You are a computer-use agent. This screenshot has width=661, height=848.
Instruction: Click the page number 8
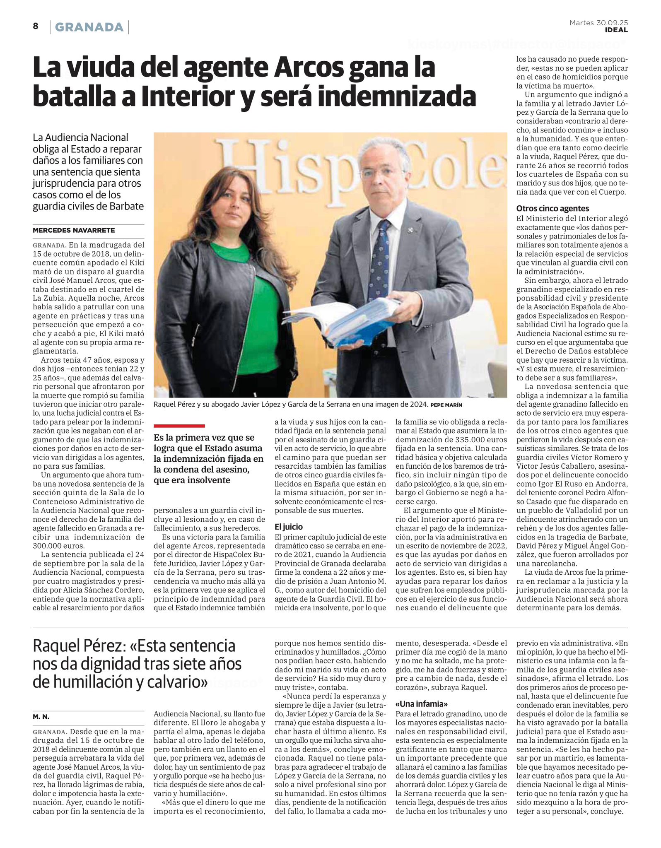36,26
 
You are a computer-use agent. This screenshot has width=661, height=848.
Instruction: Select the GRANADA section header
89,27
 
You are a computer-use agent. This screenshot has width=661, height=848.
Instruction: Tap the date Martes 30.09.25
598,23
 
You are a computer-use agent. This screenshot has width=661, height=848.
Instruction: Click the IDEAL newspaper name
616,30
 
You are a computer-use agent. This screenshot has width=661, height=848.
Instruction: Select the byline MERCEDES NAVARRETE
74,230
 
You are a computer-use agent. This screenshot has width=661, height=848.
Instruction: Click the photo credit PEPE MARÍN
446,405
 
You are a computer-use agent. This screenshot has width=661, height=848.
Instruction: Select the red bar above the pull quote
179,426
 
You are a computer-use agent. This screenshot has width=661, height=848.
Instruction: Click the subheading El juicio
289,527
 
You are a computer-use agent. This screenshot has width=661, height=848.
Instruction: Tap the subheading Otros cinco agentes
552,208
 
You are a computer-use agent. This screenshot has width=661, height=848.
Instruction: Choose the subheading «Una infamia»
422,704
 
